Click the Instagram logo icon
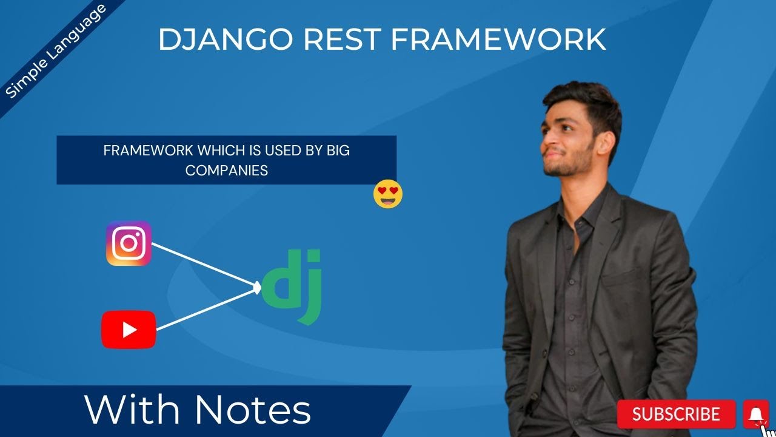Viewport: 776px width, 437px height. pyautogui.click(x=129, y=243)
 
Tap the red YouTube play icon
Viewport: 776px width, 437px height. pyautogui.click(x=129, y=330)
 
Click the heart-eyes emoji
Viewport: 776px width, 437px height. pyautogui.click(x=388, y=194)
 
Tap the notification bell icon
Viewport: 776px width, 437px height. pyautogui.click(x=755, y=415)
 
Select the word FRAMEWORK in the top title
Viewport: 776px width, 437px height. pyautogui.click(x=498, y=40)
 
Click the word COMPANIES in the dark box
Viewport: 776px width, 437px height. pyautogui.click(x=226, y=171)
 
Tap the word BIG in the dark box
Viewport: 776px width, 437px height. pyautogui.click(x=338, y=151)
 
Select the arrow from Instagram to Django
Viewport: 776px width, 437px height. pyautogui.click(x=204, y=264)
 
